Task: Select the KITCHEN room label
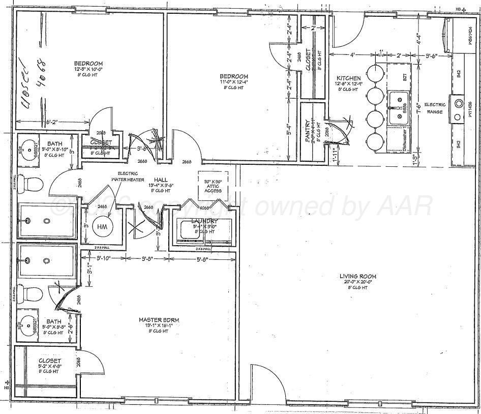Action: pyautogui.click(x=348, y=78)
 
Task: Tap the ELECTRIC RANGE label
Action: pyautogui.click(x=434, y=108)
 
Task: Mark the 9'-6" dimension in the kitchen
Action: pyautogui.click(x=432, y=55)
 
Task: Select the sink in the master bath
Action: pyautogui.click(x=26, y=322)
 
